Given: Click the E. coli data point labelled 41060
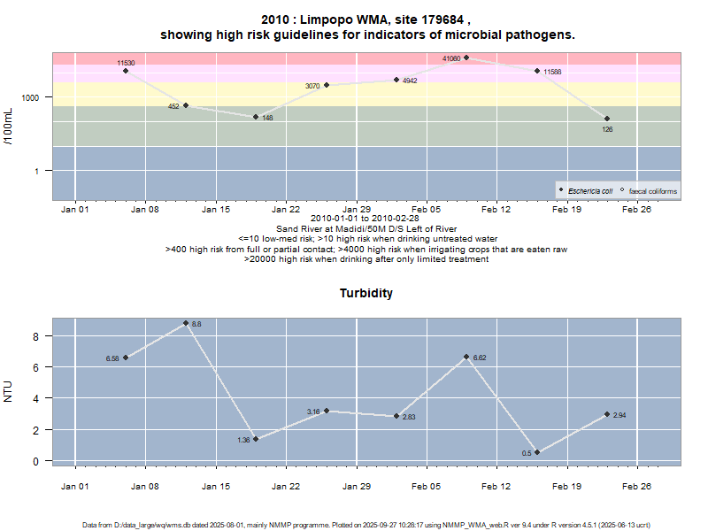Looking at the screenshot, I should [466, 58].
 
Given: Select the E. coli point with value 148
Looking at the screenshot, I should [256, 117].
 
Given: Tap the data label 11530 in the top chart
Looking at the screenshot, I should [126, 64].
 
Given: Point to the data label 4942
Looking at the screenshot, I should [410, 81].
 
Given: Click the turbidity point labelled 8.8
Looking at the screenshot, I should [186, 323].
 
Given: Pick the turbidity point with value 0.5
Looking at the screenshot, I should [537, 452].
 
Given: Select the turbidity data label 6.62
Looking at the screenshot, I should [480, 358].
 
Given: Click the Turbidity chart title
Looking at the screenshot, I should [366, 293].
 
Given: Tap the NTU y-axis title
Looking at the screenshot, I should [9, 390].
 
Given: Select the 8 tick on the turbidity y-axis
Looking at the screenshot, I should [36, 336].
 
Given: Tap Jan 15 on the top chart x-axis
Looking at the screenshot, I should [216, 210].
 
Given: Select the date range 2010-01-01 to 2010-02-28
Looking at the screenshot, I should [366, 218].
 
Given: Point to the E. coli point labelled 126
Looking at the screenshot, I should [607, 119].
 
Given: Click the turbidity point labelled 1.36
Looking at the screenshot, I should [256, 439].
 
